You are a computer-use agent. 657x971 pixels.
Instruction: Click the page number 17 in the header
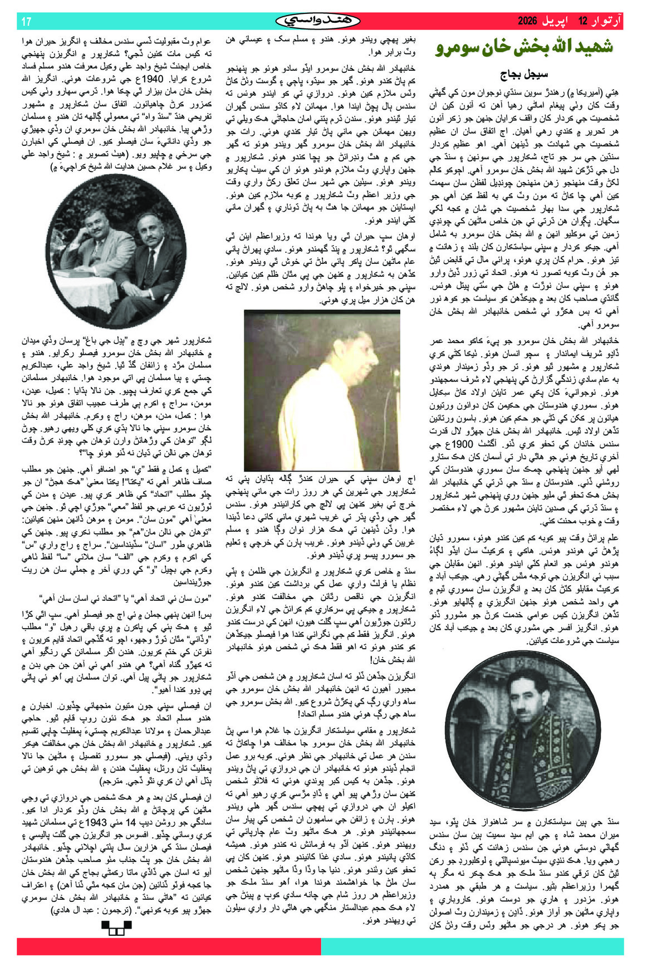26,22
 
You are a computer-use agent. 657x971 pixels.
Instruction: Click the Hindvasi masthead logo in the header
318,21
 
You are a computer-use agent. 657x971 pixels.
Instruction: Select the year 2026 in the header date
527,21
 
